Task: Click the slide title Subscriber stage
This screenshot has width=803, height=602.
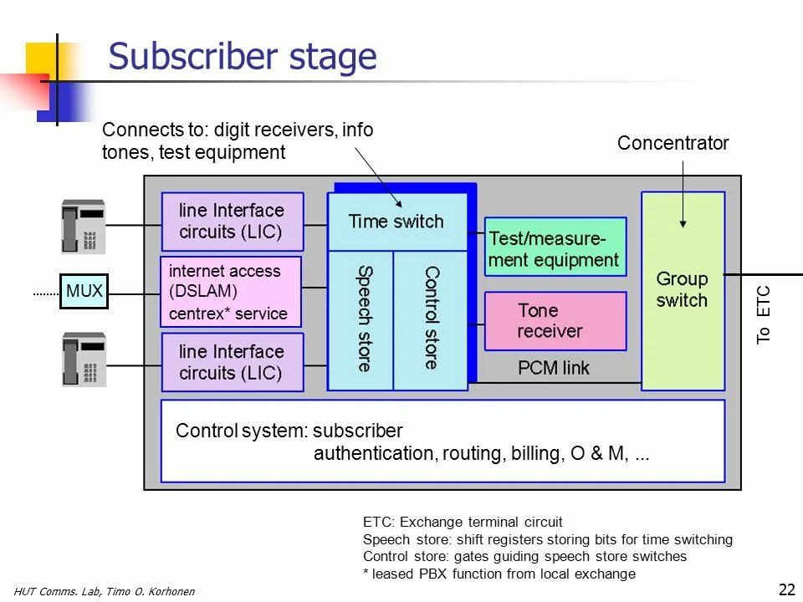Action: [243, 56]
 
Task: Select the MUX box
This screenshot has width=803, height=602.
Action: [84, 291]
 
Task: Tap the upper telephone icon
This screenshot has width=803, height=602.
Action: [84, 227]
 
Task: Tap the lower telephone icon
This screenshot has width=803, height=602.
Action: [84, 360]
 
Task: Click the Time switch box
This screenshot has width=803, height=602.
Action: [397, 222]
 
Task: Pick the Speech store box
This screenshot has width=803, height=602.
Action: [361, 320]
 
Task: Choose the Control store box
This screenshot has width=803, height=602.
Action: [430, 320]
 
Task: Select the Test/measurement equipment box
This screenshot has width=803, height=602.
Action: [555, 247]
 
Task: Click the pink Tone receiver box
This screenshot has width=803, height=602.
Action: [555, 321]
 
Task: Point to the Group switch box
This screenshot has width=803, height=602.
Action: [683, 291]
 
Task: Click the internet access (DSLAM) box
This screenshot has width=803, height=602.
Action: [231, 292]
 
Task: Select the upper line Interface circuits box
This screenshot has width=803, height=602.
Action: [233, 222]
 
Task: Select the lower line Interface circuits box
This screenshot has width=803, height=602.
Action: [233, 362]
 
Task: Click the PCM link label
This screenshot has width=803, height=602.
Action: [553, 368]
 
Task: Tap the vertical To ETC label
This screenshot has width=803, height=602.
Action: [763, 315]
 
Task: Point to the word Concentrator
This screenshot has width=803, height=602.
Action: [673, 143]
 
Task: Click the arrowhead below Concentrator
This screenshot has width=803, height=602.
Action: [683, 224]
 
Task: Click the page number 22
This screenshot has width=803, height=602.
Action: [786, 589]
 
